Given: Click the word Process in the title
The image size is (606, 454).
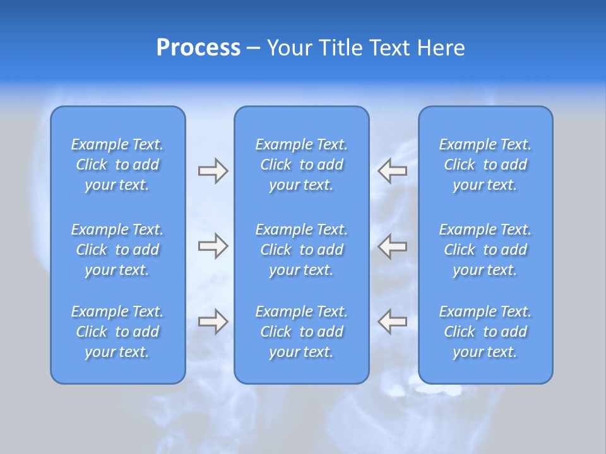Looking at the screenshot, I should coord(198,48).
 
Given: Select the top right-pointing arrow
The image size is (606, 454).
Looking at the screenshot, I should coord(213,171).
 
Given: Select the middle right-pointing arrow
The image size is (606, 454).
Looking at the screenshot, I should coord(213,246).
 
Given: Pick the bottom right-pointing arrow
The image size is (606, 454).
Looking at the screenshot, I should coord(213,322).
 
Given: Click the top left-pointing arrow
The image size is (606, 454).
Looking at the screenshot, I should coord(392,171).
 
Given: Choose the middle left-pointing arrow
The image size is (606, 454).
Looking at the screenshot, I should coord(392,246).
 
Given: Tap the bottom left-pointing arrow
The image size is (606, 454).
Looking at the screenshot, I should coord(392,322).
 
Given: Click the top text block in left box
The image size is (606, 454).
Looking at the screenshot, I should coord(117,165).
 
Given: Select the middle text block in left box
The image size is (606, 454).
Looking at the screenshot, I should coord(117,250).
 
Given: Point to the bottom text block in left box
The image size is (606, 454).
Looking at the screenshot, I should coord(117,332).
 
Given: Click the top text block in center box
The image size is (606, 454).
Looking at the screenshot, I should coord(302,165).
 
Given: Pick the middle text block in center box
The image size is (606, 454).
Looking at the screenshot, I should coord(302,250).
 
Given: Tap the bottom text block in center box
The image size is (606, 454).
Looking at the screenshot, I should coord(302,332).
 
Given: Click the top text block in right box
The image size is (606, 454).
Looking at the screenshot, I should coord(485,165).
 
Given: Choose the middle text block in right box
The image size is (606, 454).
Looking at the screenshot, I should coord(485,250).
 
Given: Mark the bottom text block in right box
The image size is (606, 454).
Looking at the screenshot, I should coord(485,332).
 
